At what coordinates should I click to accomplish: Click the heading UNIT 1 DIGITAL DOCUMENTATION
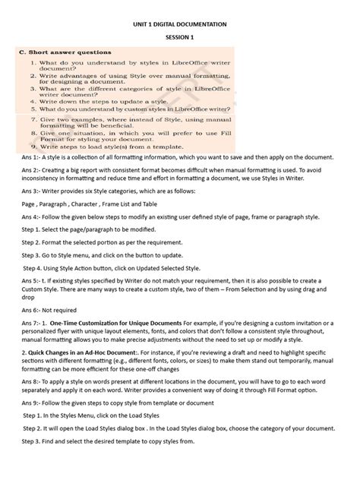click(x=180, y=24)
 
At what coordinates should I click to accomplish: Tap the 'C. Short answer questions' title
click(x=65, y=52)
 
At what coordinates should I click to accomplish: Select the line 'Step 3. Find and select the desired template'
click(x=109, y=441)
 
